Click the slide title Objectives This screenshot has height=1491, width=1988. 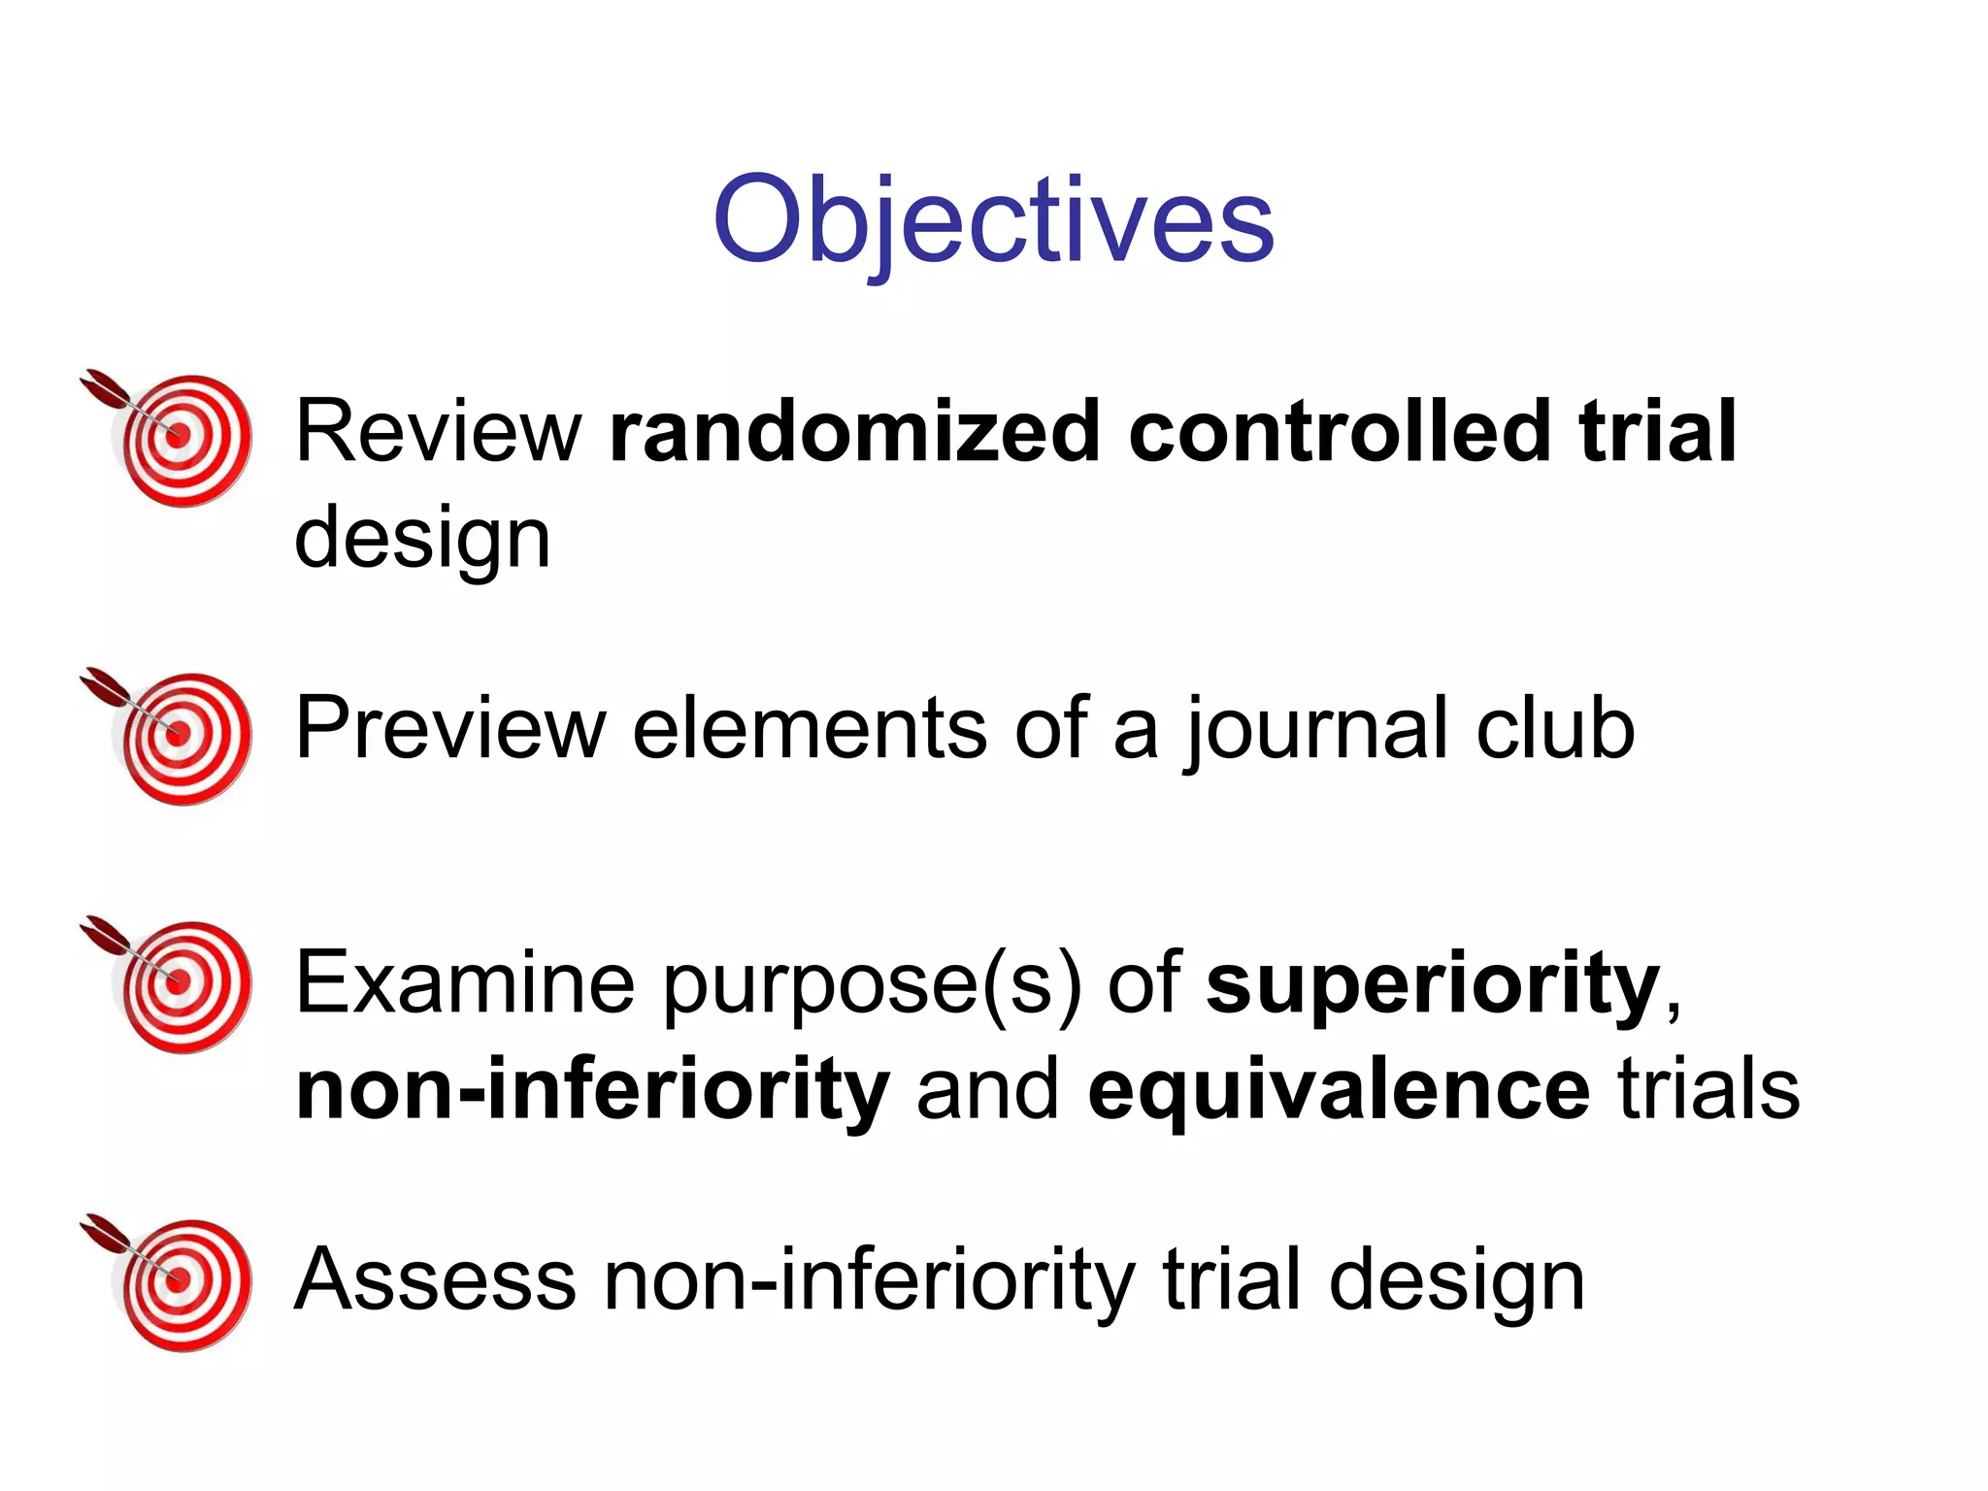pos(993,220)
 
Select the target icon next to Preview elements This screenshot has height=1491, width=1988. pos(175,735)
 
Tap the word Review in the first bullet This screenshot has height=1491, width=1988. pos(438,431)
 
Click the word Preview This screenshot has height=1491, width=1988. pos(450,728)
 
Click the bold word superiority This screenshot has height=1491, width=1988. pos(1433,984)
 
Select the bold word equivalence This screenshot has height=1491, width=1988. pos(1340,1089)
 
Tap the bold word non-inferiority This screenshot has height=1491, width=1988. pos(593,1089)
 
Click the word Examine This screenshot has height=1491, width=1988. pos(465,982)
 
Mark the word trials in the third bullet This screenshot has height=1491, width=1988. pos(1708,1089)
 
